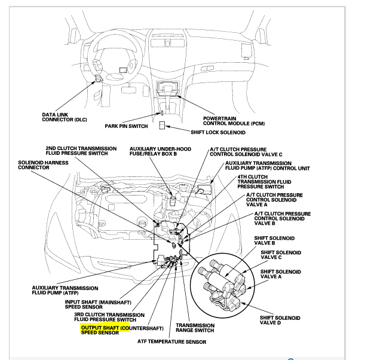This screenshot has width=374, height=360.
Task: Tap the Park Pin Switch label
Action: [126, 126]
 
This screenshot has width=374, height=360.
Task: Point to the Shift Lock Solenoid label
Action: [217, 132]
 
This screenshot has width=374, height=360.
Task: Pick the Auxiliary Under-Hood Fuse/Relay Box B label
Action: [158, 151]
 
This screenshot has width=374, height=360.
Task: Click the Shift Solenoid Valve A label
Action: [280, 276]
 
